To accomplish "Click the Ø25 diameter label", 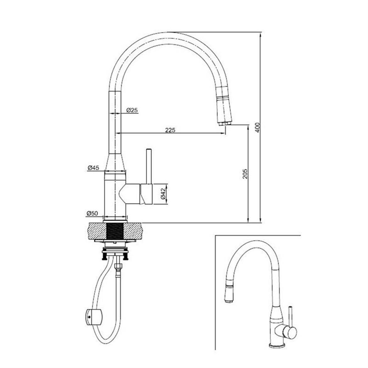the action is pyautogui.click(x=132, y=110).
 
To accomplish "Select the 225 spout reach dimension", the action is pyautogui.click(x=170, y=130).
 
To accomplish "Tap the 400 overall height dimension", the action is pyautogui.click(x=258, y=127).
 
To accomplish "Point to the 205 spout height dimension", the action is pyautogui.click(x=245, y=174).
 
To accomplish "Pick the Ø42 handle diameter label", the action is pyautogui.click(x=163, y=194).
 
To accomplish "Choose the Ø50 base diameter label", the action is pyautogui.click(x=92, y=213).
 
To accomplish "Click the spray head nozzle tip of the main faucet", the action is pyautogui.click(x=225, y=123).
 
